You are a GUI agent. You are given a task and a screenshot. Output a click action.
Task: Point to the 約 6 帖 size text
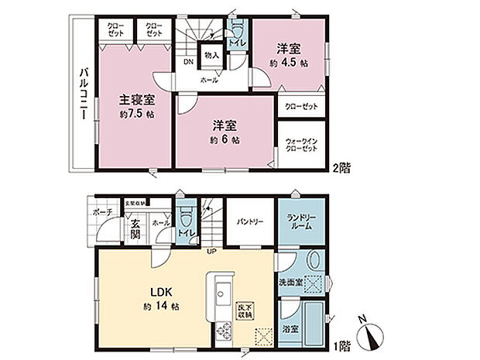[x=224, y=140]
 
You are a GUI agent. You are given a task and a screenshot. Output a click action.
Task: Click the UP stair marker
[x=210, y=250]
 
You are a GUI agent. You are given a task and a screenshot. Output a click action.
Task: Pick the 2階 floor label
[x=341, y=166]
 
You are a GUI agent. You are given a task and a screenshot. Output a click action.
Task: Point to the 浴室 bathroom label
[x=289, y=327]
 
